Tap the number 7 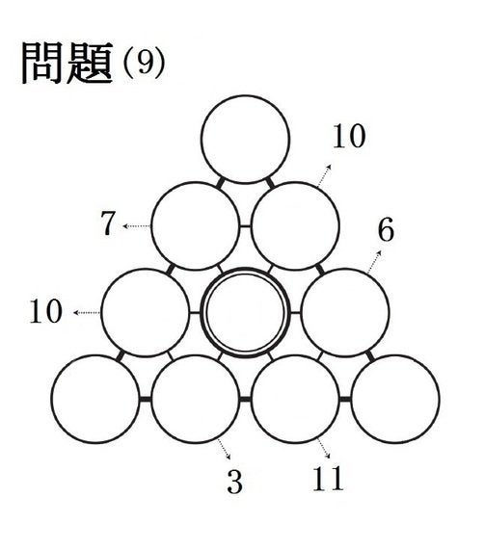(108, 223)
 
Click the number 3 (235, 482)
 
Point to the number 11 (328, 479)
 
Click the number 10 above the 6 (349, 136)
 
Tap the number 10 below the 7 (46, 311)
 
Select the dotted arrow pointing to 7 (137, 226)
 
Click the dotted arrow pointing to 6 (374, 262)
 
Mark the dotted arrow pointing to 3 (224, 449)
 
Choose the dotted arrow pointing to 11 (324, 448)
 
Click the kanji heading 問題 (67, 63)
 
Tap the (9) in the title (144, 64)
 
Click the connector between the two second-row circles (245, 226)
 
